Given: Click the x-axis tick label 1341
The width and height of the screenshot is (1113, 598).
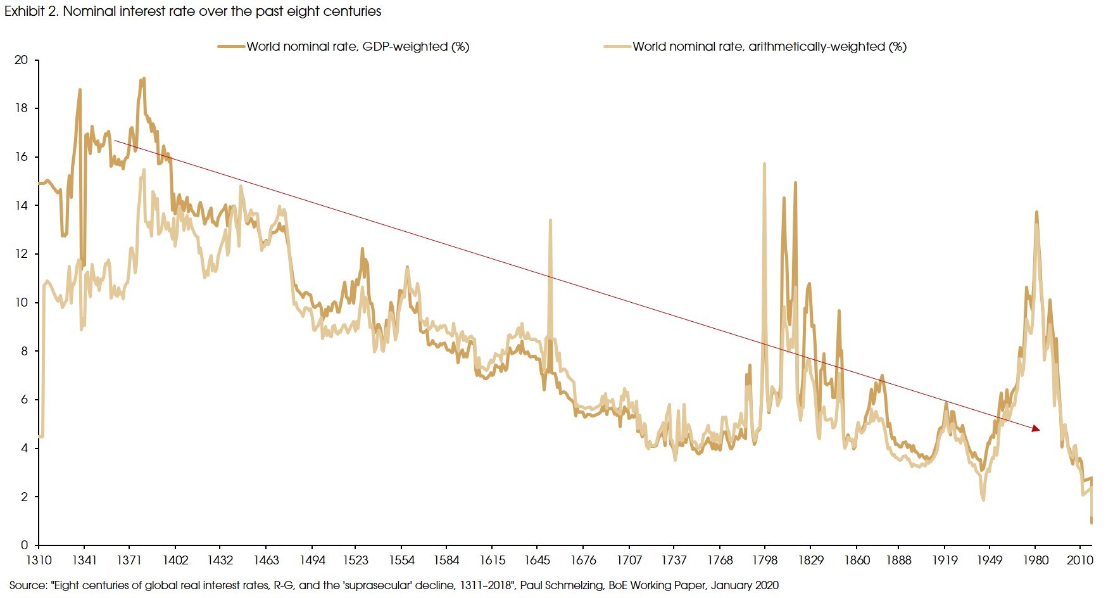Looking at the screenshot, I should click(84, 560).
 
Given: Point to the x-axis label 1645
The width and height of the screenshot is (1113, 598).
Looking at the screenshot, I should click(537, 560).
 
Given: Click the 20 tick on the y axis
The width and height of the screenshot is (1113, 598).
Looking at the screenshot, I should click(22, 60).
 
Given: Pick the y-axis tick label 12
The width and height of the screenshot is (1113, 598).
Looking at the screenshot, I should click(22, 254).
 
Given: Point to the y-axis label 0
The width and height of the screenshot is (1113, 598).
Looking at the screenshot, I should click(25, 545).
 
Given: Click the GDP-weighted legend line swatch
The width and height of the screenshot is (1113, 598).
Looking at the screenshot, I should click(231, 46).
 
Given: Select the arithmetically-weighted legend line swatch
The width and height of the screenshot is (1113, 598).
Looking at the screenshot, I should click(617, 46).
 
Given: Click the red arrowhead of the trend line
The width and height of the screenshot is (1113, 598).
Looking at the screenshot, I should click(1036, 429).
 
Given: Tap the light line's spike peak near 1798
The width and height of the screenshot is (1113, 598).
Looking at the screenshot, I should click(764, 164).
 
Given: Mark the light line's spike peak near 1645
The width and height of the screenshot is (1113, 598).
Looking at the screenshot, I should click(550, 220).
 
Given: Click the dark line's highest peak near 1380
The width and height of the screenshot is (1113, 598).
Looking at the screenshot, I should click(144, 79).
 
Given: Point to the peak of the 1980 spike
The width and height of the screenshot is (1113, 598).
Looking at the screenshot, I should click(1036, 212).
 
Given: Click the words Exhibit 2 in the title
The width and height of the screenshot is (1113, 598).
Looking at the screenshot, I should click(31, 11).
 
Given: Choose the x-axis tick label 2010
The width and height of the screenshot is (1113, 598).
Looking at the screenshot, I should click(1079, 560).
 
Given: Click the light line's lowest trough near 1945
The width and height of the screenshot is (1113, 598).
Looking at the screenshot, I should click(983, 500).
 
